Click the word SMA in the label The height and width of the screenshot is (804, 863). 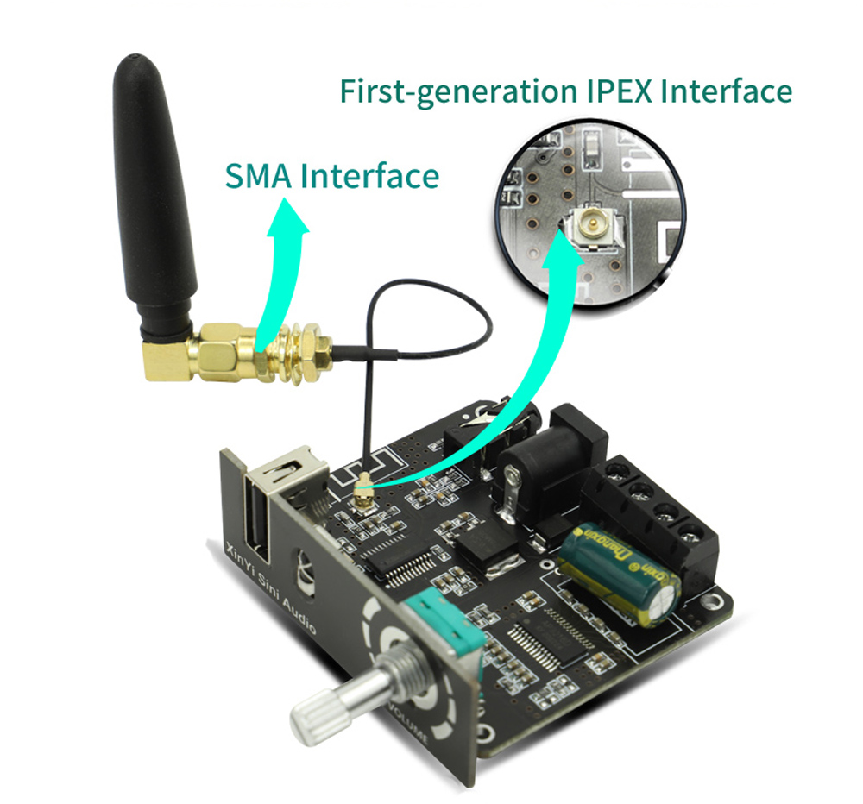tap(260, 176)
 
